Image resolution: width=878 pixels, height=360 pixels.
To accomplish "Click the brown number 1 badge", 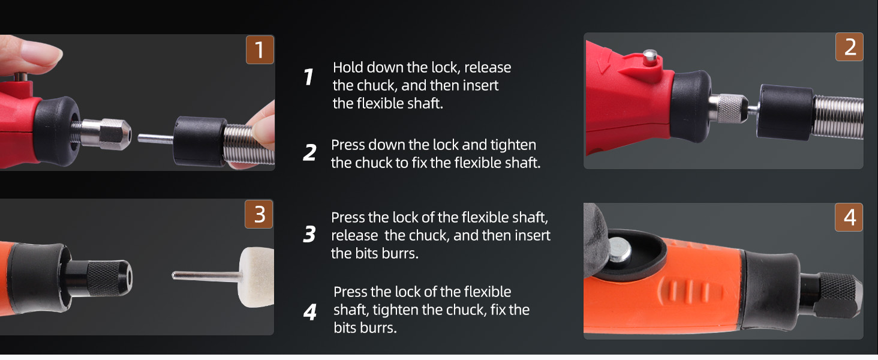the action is pos(260,49).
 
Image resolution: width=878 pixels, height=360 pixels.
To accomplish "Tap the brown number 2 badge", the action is pos(849,47).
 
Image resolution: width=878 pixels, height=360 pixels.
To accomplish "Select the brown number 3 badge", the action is pos(258,214).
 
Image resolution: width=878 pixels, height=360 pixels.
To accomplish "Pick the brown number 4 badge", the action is pos(849,217).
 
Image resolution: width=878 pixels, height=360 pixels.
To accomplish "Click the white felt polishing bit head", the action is pos(256,277).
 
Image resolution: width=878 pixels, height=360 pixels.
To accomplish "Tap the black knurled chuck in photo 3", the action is pos(109,277).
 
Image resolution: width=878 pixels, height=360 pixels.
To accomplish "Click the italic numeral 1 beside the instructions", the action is pos(308,76).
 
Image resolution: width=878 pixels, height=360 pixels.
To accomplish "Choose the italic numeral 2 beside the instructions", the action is pos(309,152).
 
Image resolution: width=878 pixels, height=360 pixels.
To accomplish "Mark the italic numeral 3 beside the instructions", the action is pos(309,234).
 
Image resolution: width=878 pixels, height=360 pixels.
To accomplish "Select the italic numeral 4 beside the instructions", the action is pos(309,312).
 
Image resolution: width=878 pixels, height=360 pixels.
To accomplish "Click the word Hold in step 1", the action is pos(348,67).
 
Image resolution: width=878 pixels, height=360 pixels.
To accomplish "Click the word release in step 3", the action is pos(354,236).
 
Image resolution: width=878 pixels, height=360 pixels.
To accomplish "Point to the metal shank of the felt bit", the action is pos(206,276).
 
